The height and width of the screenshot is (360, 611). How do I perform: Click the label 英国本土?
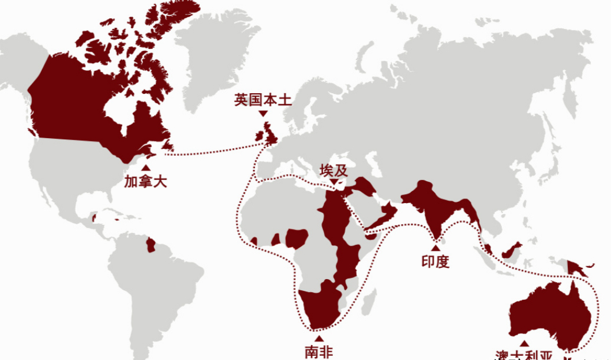pos(263,100)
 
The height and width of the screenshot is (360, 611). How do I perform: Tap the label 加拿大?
pos(145,181)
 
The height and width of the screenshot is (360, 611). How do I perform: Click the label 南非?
pos(319,352)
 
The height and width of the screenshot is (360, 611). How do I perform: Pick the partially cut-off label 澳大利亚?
pos(524,355)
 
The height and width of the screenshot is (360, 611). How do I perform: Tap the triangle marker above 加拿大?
pos(145,168)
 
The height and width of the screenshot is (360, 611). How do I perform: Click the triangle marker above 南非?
pos(319,339)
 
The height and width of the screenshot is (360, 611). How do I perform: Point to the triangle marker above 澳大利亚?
pos(523,343)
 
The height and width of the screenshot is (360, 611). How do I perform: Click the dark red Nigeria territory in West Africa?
pos(295,238)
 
